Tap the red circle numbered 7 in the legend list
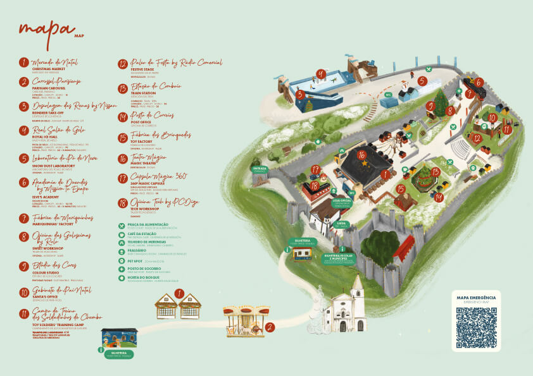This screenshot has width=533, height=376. point(24,218)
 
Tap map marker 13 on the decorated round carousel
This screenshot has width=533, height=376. point(436,171)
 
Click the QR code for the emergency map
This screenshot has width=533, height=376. point(476,326)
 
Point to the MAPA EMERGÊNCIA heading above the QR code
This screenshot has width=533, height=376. point(476,297)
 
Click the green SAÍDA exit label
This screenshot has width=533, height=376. point(342,223)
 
